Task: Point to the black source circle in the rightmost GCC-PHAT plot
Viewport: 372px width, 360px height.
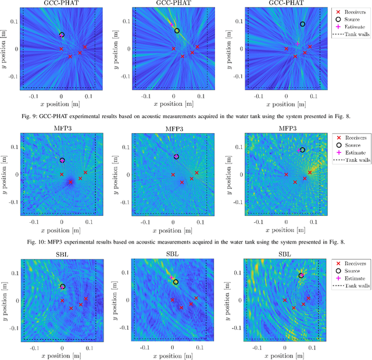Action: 302,24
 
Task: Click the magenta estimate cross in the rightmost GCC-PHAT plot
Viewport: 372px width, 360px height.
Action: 298,44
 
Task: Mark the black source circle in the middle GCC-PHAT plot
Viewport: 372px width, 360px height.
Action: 177,31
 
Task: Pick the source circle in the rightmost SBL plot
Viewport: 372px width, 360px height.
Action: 301,276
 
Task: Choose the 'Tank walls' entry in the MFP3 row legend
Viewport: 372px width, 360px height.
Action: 352,160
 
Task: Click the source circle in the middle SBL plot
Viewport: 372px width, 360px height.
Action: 176,282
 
